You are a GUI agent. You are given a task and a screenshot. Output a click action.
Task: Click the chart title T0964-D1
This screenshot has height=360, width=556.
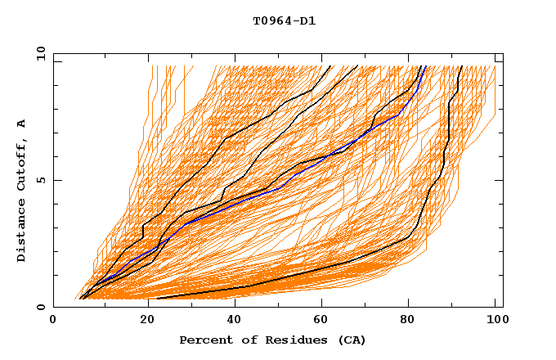pyautogui.click(x=284, y=21)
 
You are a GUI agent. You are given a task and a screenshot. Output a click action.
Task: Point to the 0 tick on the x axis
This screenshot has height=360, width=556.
pyautogui.click(x=54, y=322)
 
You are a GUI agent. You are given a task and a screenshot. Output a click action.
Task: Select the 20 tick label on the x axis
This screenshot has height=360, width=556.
pyautogui.click(x=142, y=322)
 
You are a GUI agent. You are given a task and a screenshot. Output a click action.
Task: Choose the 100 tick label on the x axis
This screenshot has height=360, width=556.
pyautogui.click(x=495, y=322)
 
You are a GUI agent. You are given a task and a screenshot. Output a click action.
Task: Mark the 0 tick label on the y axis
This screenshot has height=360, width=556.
pyautogui.click(x=40, y=308)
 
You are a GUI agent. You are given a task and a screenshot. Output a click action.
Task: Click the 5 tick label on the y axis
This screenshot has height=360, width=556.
pyautogui.click(x=40, y=180)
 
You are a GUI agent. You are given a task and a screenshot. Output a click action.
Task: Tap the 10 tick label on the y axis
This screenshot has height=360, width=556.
pyautogui.click(x=37, y=53)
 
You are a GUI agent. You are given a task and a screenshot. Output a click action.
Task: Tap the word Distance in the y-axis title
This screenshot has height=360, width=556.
pyautogui.click(x=22, y=233)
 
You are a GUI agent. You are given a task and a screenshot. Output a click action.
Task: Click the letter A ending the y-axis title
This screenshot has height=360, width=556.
pyautogui.click(x=22, y=124)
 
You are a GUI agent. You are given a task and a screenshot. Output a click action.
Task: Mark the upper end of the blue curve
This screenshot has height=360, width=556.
pyautogui.click(x=425, y=66)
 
